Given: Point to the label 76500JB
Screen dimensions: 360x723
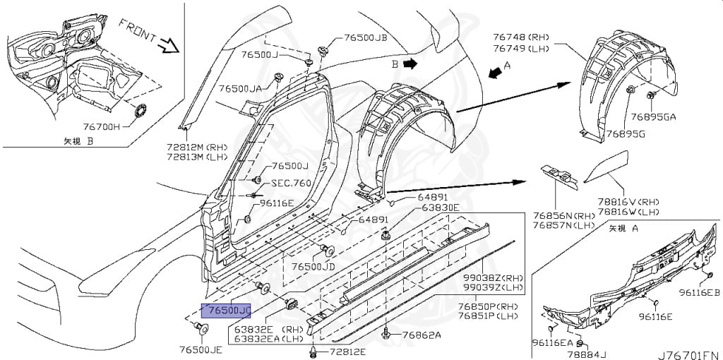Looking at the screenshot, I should [366, 38].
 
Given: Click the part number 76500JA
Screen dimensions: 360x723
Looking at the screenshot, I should [240, 89].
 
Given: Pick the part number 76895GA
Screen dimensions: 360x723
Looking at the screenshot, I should [653, 117].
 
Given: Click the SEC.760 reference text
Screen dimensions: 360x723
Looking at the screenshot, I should [291, 183].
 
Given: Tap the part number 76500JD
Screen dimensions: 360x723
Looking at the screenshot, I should [313, 268].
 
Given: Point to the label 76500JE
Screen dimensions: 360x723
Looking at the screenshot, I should [201, 349].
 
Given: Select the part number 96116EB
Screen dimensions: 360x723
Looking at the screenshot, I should [699, 292].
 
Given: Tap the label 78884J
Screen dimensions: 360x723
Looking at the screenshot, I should [592, 353].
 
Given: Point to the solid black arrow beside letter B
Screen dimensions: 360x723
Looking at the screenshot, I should [410, 64].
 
